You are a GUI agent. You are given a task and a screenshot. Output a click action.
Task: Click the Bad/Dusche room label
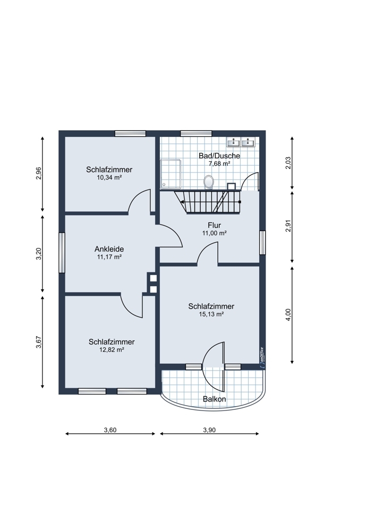point(219,156)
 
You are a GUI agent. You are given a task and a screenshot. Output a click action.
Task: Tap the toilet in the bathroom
point(209,182)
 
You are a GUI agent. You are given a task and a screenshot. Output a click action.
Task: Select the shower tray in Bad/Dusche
point(171,174)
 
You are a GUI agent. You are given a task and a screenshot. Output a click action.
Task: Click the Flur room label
point(214,225)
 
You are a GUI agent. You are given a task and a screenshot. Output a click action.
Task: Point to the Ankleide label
point(109,249)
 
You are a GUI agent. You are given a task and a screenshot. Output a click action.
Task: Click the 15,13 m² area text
point(211,314)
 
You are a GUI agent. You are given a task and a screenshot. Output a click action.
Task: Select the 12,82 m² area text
point(112,350)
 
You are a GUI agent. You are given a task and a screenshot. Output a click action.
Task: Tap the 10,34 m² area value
point(109,177)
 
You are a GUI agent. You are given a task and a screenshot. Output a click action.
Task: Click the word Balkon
point(214,399)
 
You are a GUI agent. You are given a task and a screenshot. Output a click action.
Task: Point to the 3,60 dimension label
point(110,430)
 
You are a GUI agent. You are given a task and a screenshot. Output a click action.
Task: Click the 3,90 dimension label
point(209,430)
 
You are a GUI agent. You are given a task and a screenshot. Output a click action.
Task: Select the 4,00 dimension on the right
point(288,314)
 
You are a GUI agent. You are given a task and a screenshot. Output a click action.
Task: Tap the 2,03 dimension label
point(288,163)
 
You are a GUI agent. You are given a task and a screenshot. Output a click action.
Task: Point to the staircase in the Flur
point(207,202)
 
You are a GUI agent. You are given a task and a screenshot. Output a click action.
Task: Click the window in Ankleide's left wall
point(62,252)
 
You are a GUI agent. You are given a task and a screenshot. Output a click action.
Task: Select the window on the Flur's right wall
point(262,242)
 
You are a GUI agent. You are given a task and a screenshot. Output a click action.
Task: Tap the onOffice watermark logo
point(261,357)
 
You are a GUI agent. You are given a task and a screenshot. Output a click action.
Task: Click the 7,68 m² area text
point(219,164)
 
